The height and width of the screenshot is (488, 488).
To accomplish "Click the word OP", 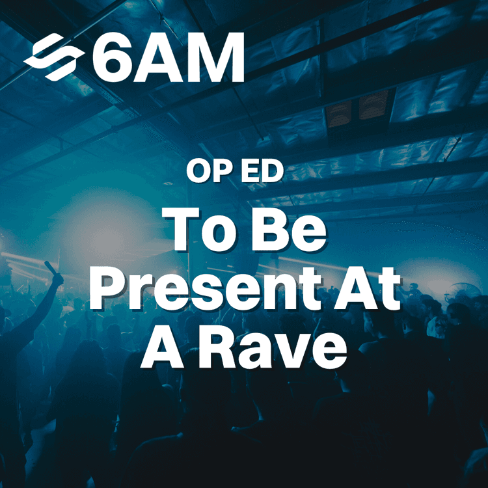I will (206, 170).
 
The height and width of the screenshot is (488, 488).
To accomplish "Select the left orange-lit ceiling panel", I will (338, 113).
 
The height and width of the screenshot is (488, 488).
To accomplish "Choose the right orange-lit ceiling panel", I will (377, 104).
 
